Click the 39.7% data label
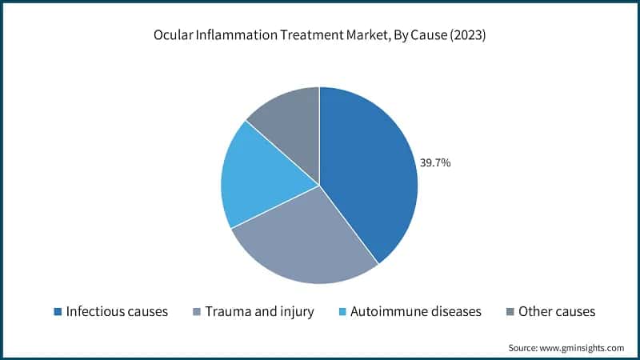tap(436, 162)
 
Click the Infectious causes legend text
tap(117, 311)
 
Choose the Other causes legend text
tap(557, 311)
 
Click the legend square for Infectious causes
tap(58, 311)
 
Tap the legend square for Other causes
tap(510, 311)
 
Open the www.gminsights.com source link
tap(582, 348)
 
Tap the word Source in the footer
tap(522, 348)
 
